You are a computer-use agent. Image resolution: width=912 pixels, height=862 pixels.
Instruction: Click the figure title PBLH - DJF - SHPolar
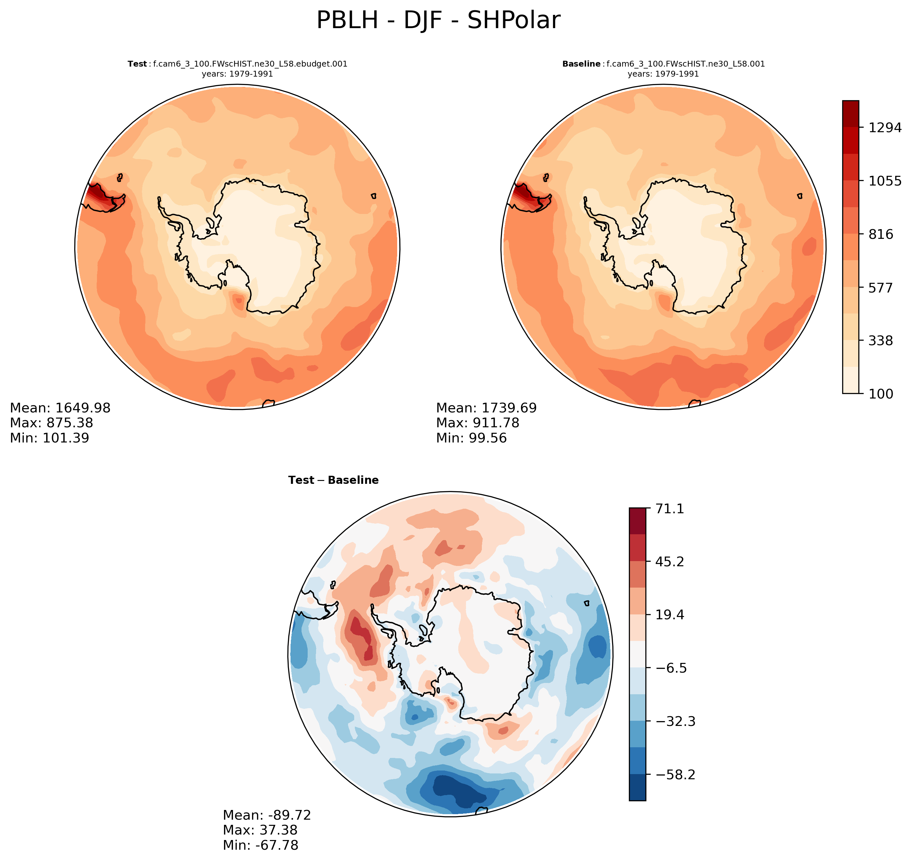(438, 21)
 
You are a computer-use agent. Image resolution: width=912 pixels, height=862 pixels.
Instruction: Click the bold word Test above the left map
(137, 64)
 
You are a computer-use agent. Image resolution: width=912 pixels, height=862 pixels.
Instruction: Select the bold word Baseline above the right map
(581, 64)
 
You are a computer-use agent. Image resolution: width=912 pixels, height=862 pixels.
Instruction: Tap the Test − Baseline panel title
(333, 480)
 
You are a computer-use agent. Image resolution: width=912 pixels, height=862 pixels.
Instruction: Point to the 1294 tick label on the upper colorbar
(885, 128)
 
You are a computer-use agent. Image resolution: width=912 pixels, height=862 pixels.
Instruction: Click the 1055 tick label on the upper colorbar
(885, 181)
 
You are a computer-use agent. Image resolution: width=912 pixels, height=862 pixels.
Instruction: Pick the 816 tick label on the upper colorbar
(881, 234)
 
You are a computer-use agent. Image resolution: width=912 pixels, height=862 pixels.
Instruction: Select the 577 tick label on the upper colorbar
(881, 288)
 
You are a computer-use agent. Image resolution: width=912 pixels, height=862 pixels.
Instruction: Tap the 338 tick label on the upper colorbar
(881, 340)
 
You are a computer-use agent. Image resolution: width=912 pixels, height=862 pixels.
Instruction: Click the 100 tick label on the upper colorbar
(881, 394)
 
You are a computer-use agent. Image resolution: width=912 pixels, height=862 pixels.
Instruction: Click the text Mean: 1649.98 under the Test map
(60, 408)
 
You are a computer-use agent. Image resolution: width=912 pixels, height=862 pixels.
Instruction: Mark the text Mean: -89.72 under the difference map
(267, 815)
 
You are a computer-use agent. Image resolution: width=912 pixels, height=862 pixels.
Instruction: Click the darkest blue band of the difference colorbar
(637, 788)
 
